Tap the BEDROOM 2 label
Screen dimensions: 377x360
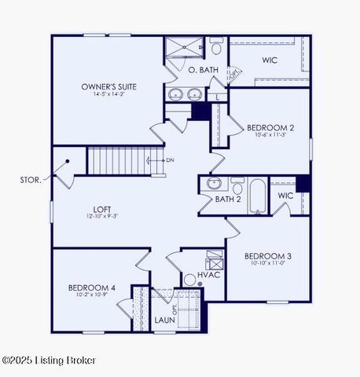[x=270, y=127]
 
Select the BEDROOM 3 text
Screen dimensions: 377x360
[x=267, y=257]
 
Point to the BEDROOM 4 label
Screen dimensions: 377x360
[x=92, y=288]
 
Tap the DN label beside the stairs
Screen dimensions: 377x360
[x=170, y=160]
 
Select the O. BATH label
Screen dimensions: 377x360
[x=204, y=70]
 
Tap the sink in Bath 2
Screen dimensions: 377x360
[x=214, y=185]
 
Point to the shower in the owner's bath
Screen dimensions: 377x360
[x=182, y=49]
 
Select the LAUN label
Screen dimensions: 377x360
[x=165, y=320]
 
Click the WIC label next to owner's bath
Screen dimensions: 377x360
[x=270, y=59]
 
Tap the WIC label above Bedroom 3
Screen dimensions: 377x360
[x=285, y=195]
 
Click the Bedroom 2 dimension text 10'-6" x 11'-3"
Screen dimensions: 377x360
[x=270, y=135]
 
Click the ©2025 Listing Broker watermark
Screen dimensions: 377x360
[x=50, y=361]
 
